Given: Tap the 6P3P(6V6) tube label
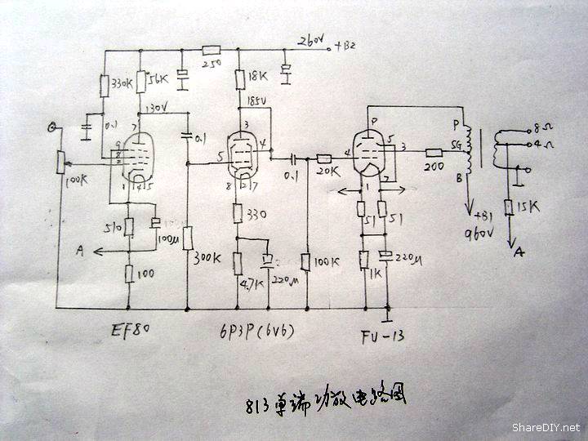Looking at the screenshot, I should (x=257, y=333).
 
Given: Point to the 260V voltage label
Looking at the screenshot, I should (x=311, y=42).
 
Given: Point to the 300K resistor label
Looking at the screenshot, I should (x=207, y=257).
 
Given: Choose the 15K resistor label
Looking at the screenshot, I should (x=528, y=208).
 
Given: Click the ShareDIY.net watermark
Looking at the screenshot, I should (x=546, y=427).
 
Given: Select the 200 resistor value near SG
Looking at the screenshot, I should (x=434, y=167).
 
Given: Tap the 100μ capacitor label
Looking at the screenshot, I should (x=169, y=240).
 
